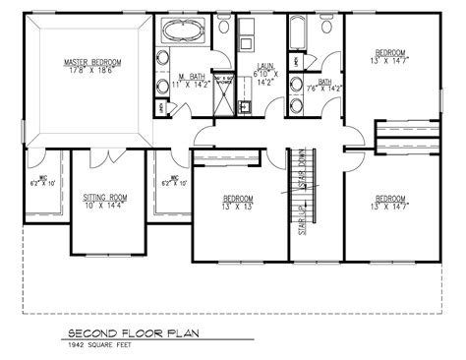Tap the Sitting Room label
coord(101,197)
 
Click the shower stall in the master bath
coord(223,104)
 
